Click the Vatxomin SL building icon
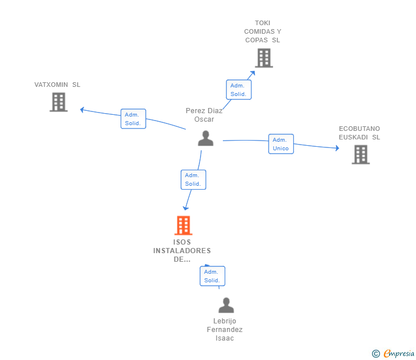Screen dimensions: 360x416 coord(58,102)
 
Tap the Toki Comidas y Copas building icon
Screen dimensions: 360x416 coord(263,58)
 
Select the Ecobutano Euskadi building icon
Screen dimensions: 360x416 coord(360,154)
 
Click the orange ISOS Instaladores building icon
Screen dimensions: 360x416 coord(183,226)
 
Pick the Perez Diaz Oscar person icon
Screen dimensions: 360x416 coord(205,138)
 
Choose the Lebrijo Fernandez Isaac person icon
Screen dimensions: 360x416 coord(226,306)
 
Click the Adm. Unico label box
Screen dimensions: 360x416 coord(281,144)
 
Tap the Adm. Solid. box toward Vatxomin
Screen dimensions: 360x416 coord(133,119)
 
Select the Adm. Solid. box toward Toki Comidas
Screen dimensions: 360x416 coord(238,90)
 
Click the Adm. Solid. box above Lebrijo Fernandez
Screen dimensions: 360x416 coord(212,276)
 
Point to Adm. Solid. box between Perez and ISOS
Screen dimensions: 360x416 coord(193,179)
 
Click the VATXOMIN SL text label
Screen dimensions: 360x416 coord(57,85)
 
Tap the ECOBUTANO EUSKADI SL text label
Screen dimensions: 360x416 coord(359,133)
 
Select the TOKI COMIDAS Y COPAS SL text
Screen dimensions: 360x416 coord(263,31)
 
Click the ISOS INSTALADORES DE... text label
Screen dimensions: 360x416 coord(182,250)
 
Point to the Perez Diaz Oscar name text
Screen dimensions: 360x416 coord(204,115)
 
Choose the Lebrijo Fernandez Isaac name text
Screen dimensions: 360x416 coord(225,330)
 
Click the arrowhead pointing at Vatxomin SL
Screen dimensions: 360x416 coord(82,109)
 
